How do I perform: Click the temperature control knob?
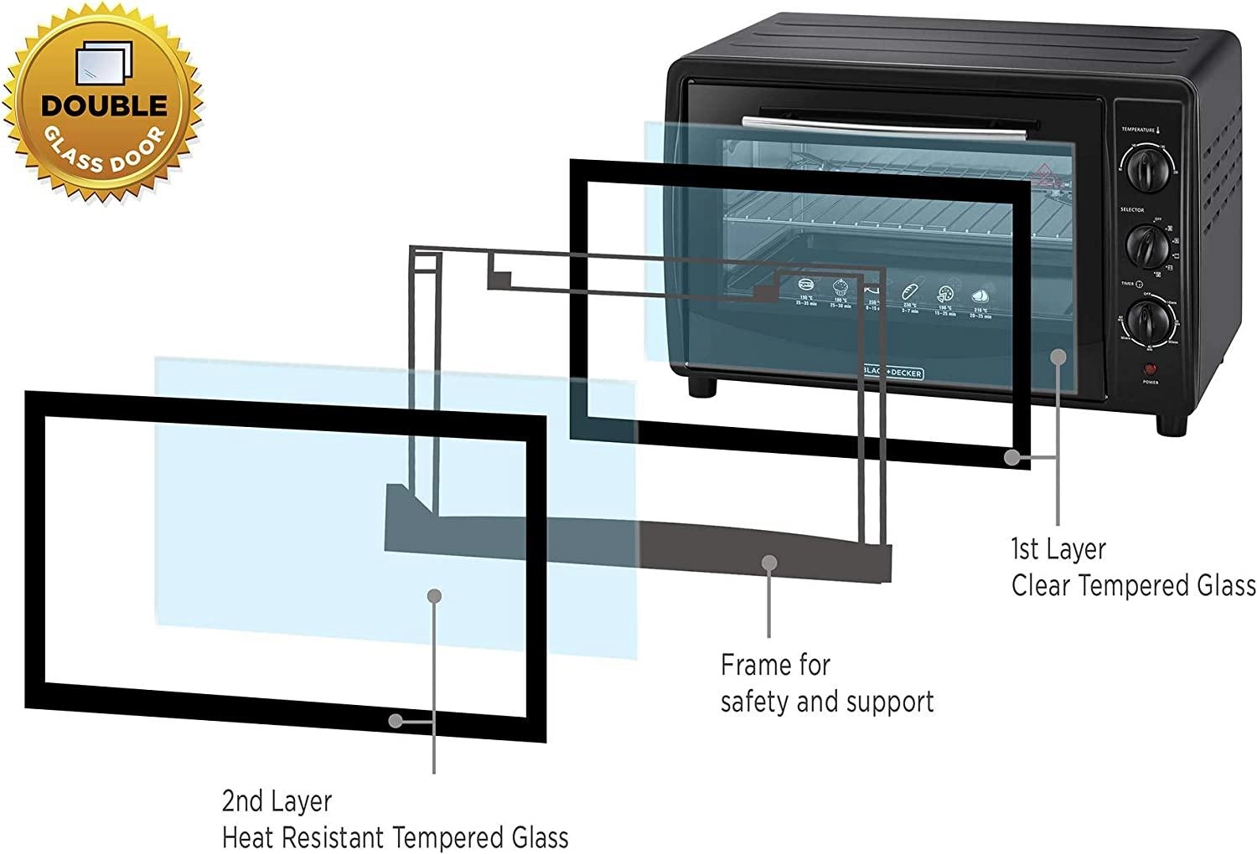[1144, 172]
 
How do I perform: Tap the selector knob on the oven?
[1145, 244]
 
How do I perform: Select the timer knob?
[1144, 318]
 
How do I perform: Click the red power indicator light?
[1150, 368]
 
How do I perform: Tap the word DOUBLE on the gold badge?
[104, 105]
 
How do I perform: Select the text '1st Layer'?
[1058, 549]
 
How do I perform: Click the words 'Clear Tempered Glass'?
[1133, 585]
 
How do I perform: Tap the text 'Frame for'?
[775, 665]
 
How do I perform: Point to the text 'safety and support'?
[826, 702]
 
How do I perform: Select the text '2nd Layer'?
[277, 801]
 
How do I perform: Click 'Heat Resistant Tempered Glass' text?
[395, 837]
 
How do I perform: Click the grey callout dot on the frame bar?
[769, 562]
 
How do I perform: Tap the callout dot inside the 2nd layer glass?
[434, 596]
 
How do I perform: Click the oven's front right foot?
[1172, 424]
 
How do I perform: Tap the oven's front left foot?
[702, 387]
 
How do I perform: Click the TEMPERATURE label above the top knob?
[1137, 130]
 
